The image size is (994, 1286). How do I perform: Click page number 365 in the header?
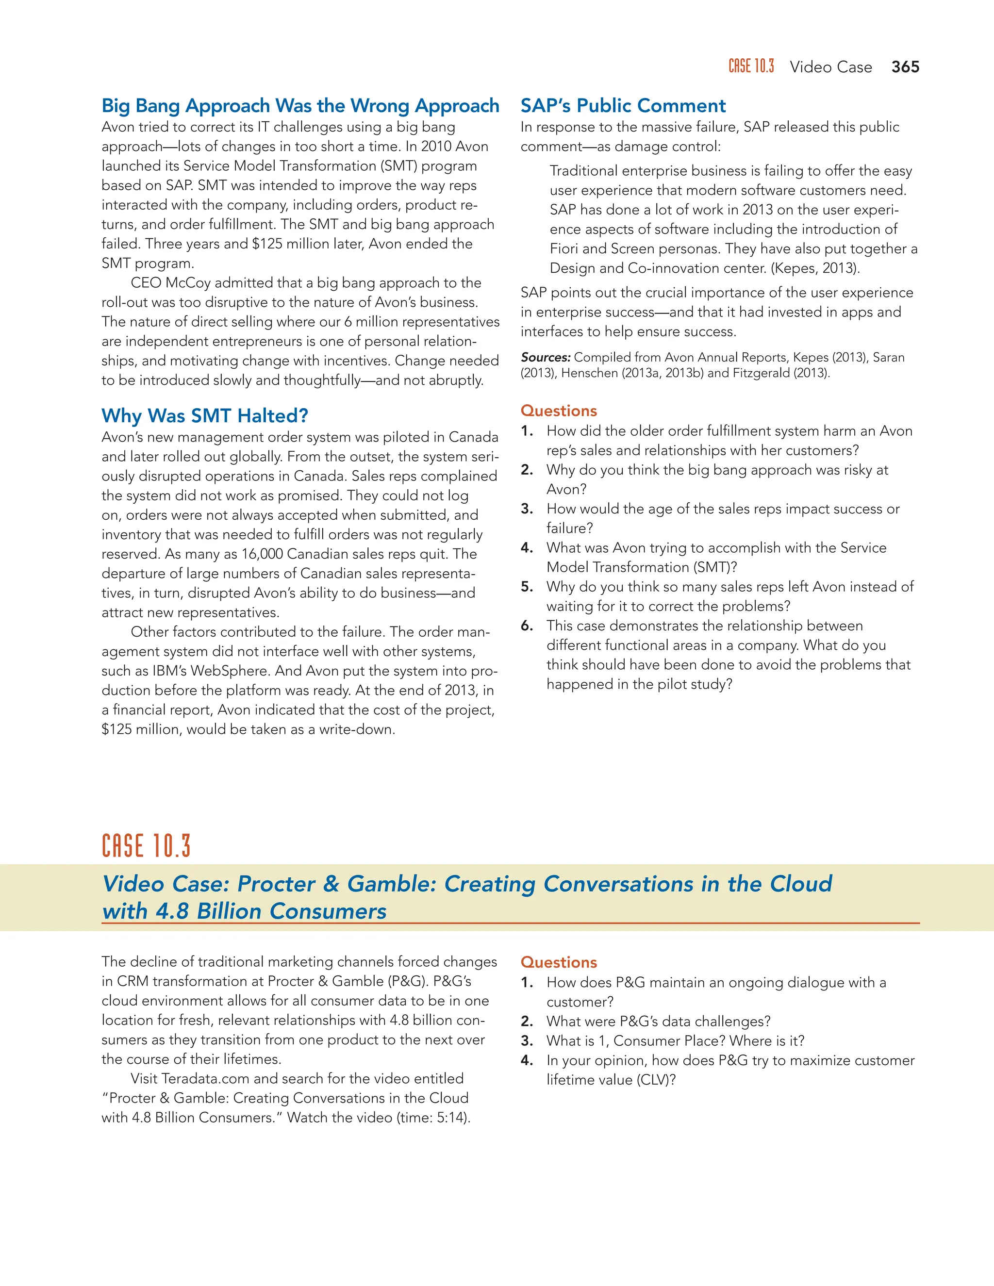(x=905, y=67)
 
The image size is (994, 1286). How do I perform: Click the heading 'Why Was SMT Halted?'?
(x=204, y=416)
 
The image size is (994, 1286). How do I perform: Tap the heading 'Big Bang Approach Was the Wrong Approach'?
(x=300, y=105)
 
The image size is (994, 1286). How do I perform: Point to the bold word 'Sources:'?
(x=545, y=358)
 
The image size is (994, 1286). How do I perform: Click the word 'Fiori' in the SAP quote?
(x=565, y=248)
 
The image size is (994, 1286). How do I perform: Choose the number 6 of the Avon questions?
(x=527, y=626)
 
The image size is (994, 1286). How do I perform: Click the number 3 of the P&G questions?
(x=527, y=1040)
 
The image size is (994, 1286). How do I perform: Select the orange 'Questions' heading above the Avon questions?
(x=558, y=411)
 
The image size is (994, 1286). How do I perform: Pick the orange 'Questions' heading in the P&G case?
(x=558, y=962)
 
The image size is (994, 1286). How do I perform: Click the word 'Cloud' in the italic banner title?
(x=801, y=884)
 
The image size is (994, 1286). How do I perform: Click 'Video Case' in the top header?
(x=830, y=67)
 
